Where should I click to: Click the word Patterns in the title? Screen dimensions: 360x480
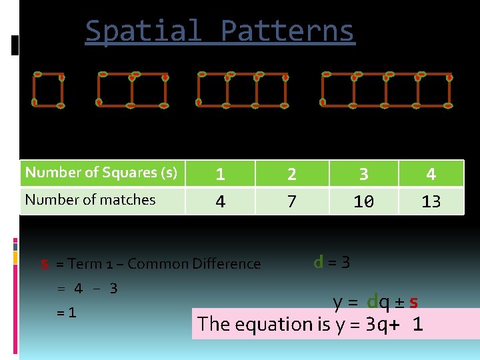click(287, 31)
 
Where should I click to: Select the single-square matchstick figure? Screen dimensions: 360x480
click(49, 90)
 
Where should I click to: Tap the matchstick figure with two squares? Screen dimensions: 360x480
click(132, 90)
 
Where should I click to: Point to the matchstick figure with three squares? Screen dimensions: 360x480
click(243, 90)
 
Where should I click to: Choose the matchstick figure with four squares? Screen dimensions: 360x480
click(387, 90)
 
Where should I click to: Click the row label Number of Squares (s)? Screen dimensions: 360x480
click(101, 173)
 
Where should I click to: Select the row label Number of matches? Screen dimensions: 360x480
click(90, 199)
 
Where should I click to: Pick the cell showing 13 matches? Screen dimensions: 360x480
click(431, 201)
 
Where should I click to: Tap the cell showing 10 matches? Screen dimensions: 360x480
click(363, 201)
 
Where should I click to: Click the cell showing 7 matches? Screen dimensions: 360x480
click(291, 201)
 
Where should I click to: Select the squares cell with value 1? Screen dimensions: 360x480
click(220, 174)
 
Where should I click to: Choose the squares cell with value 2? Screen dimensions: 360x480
click(291, 174)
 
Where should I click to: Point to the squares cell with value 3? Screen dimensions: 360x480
click(363, 174)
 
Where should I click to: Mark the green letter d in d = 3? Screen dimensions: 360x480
click(319, 262)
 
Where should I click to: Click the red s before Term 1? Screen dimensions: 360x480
click(45, 264)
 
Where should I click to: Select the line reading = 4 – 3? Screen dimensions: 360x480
click(87, 289)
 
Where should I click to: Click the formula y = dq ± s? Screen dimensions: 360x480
click(376, 302)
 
